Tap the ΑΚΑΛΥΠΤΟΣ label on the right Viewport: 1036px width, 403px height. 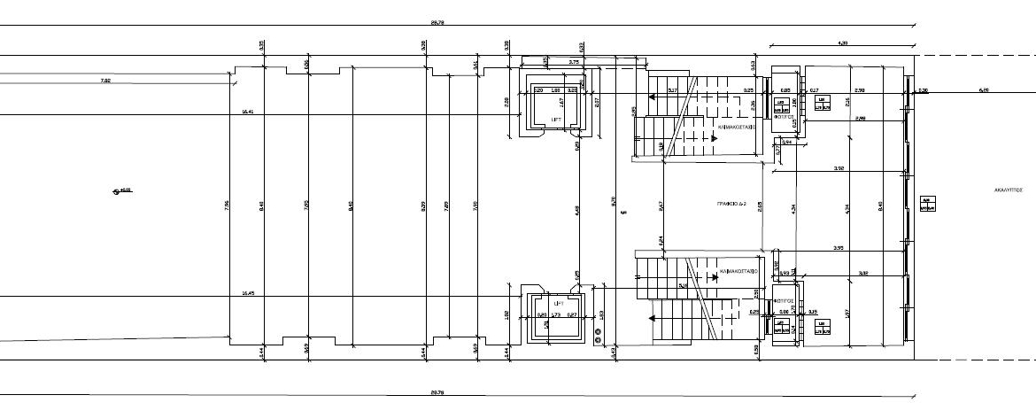click(1008, 190)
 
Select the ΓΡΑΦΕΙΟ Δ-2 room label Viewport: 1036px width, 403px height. click(732, 204)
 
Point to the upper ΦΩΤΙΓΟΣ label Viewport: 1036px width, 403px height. click(783, 116)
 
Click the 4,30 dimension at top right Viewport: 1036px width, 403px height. click(842, 43)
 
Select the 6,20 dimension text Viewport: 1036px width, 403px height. click(983, 89)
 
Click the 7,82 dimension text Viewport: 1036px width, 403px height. click(106, 81)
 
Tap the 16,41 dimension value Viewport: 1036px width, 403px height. click(248, 112)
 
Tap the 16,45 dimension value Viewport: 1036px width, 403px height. click(248, 292)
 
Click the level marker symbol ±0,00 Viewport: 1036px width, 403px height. click(121, 190)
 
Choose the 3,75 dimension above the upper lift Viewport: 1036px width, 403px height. click(574, 62)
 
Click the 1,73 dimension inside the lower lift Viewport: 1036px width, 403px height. click(555, 315)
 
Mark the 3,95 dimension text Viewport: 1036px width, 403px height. click(839, 248)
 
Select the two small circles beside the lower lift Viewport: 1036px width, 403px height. click(599, 337)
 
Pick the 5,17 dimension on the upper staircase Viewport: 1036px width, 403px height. click(673, 89)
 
